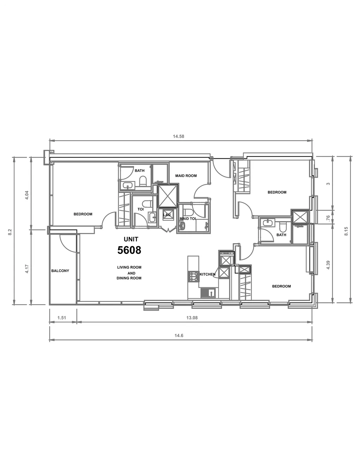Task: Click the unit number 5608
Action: pos(129,250)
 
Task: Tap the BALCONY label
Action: pos(60,271)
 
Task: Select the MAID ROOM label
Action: pos(186,176)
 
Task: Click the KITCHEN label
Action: pos(208,274)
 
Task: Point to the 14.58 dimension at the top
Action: pos(178,136)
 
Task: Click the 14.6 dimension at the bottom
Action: pos(179,335)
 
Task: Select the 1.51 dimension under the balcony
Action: pos(62,318)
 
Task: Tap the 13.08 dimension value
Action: pos(192,318)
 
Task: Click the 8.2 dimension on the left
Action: pos(10,232)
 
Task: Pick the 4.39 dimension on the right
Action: pos(328,265)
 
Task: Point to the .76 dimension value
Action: pos(328,218)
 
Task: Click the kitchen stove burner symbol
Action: pos(193,276)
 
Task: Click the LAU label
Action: pos(167,215)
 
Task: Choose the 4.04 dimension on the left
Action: pos(27,195)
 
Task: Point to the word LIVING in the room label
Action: pos(122,267)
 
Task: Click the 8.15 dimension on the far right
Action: pos(346,231)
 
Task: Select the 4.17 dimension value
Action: pos(27,269)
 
